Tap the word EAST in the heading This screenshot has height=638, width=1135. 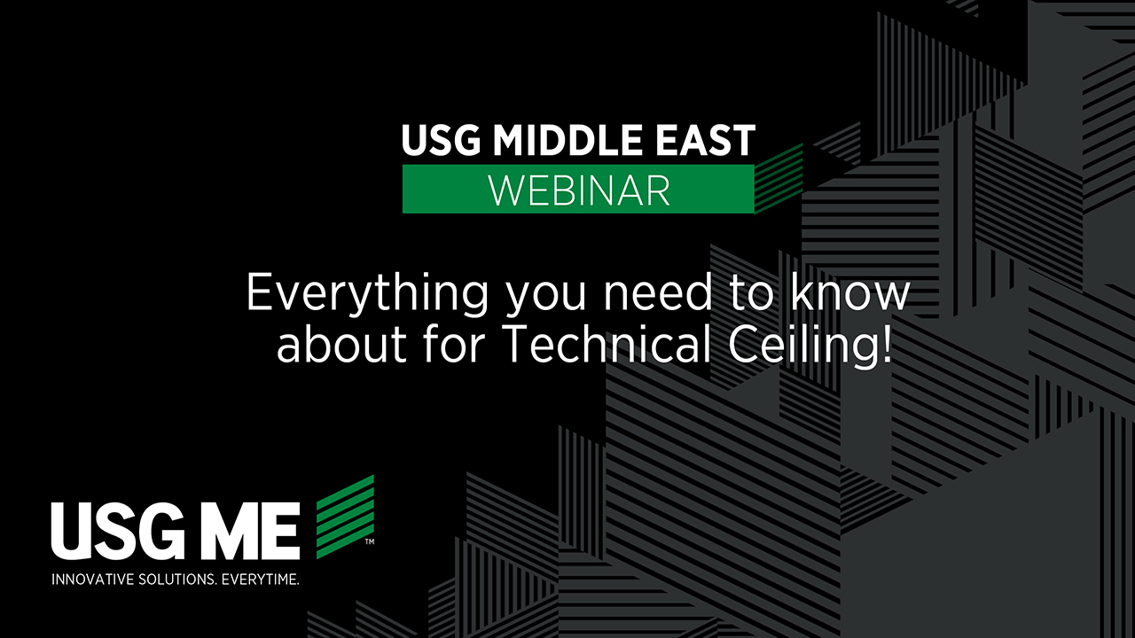click(x=705, y=140)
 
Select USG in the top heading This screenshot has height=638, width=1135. click(x=441, y=140)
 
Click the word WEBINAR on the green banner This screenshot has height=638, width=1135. click(x=579, y=190)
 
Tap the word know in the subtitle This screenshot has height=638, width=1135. click(x=849, y=292)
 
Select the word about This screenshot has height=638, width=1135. click(x=341, y=345)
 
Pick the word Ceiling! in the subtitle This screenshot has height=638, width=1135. click(x=810, y=347)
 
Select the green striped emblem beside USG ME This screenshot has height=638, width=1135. click(x=345, y=517)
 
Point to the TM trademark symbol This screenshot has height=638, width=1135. click(x=370, y=542)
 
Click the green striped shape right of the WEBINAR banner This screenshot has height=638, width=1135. click(x=779, y=179)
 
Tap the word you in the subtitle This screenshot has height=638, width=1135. click(x=546, y=298)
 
